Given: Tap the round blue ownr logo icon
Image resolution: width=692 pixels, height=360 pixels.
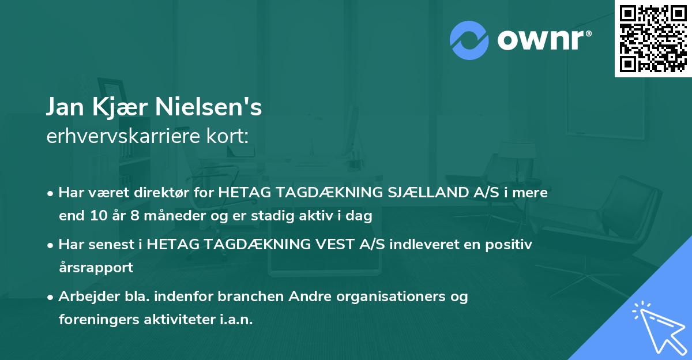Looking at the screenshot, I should (x=469, y=39).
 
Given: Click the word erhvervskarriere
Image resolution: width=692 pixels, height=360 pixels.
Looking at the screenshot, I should (x=122, y=136).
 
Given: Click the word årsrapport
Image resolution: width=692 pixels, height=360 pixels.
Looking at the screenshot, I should (x=96, y=268).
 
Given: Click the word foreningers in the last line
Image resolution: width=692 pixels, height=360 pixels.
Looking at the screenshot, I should (x=96, y=320).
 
